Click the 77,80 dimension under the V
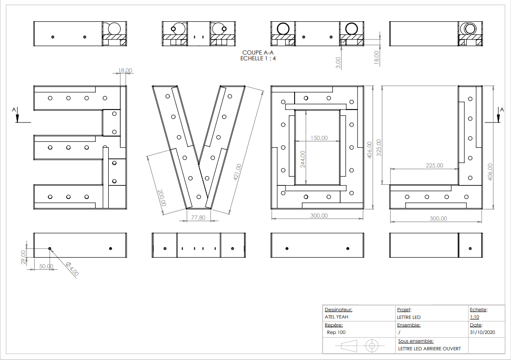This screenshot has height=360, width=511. click(x=198, y=218)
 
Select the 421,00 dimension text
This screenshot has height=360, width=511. click(x=238, y=172)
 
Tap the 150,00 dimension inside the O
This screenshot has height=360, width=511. click(x=319, y=138)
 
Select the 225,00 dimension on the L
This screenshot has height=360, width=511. click(x=434, y=166)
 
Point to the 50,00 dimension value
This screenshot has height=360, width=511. click(x=46, y=266)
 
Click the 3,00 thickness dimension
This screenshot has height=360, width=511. click(x=338, y=62)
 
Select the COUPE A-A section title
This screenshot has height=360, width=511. click(x=258, y=52)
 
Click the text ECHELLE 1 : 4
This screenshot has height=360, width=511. click(x=258, y=58)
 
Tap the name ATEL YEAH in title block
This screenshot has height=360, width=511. click(x=337, y=317)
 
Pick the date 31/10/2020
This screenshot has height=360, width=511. click(x=482, y=332)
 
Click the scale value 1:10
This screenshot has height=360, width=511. click(x=474, y=317)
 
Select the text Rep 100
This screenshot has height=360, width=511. click(x=336, y=332)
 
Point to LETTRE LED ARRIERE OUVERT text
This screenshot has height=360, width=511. click(x=429, y=348)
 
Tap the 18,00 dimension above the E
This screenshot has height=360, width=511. click(x=125, y=70)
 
